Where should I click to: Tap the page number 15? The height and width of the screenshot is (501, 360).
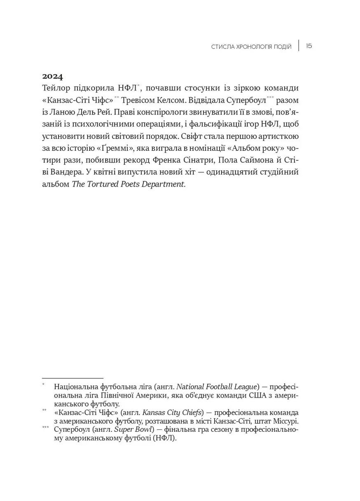tap(309, 46)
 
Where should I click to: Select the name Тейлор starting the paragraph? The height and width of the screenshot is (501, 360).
tap(56, 89)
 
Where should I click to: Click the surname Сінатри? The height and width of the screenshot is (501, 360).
tap(218, 160)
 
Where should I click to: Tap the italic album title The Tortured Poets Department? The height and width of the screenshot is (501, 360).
tap(129, 184)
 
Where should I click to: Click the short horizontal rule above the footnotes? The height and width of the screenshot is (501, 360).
tap(72, 378)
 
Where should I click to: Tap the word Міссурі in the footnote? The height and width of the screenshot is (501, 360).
tap(284, 421)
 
